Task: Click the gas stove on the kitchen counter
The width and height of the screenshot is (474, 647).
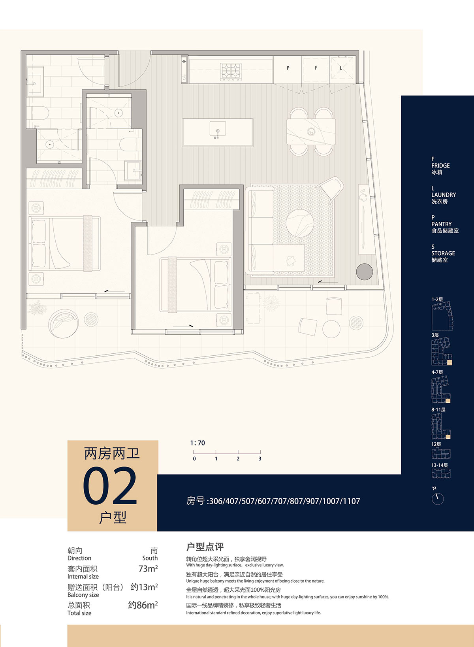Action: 230,72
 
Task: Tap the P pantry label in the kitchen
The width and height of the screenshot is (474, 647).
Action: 288,68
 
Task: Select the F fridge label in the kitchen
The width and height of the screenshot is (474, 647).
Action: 316,68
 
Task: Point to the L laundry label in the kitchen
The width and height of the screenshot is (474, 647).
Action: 341,68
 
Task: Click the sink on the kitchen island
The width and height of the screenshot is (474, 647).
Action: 218,129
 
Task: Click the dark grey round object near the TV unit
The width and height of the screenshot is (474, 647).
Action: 364,272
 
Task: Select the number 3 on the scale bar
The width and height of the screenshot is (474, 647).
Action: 260,459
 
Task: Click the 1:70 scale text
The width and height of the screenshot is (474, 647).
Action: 197,443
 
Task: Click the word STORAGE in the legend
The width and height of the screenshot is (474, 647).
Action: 443,253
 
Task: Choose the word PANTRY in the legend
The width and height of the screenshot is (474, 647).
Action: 441,224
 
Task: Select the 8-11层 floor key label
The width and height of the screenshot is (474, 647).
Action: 438,409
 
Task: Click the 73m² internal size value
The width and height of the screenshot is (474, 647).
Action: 148,568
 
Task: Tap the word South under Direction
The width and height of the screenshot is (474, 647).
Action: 150,558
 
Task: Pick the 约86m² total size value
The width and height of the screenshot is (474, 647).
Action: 143,605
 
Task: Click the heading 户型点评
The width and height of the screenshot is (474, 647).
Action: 205,547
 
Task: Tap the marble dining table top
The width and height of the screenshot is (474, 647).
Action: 311,132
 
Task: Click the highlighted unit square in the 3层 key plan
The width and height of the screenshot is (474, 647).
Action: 450,363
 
